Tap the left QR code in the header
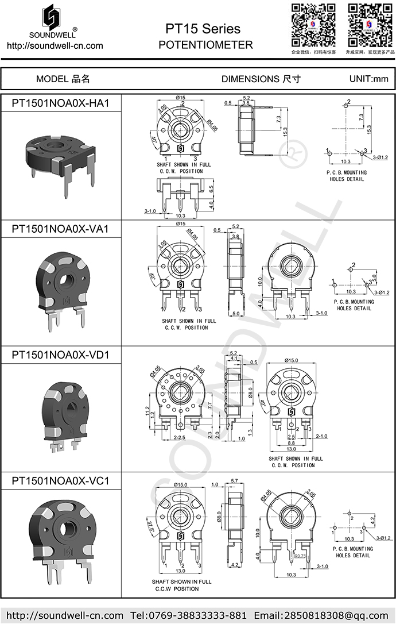pos(313,25)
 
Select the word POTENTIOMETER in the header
pos(205,45)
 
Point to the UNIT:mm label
pos(368,79)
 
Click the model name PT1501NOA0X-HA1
pos(60,103)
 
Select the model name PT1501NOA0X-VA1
pos(60,229)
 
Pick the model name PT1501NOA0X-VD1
pos(60,355)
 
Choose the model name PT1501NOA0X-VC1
pos(60,480)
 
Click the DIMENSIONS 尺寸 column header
pos(261,79)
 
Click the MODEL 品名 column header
pos(63,79)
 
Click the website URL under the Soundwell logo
pos(55,45)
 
